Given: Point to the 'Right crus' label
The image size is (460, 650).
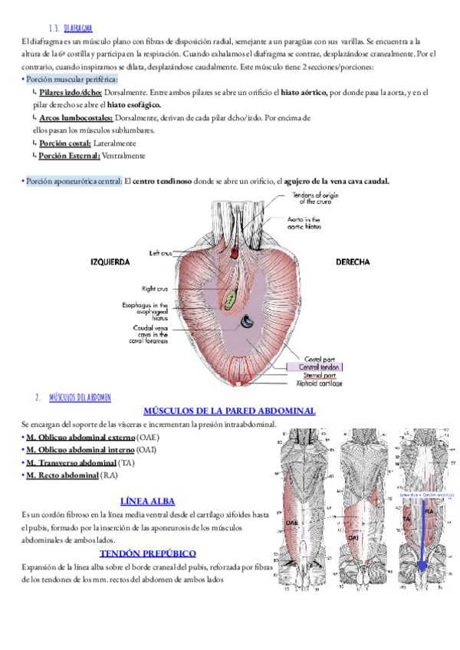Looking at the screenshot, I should click(156, 288).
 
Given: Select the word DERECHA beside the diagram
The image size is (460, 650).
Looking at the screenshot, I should click(353, 262).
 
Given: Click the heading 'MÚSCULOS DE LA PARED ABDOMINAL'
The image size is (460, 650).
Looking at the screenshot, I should click(229, 411).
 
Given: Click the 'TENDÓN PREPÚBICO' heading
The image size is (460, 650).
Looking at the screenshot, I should click(148, 553).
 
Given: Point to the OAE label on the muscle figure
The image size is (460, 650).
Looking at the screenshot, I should click(292, 522).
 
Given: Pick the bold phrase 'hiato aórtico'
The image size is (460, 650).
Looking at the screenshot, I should click(301, 93).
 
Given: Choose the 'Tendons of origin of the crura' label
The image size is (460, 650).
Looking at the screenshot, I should click(317, 199).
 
